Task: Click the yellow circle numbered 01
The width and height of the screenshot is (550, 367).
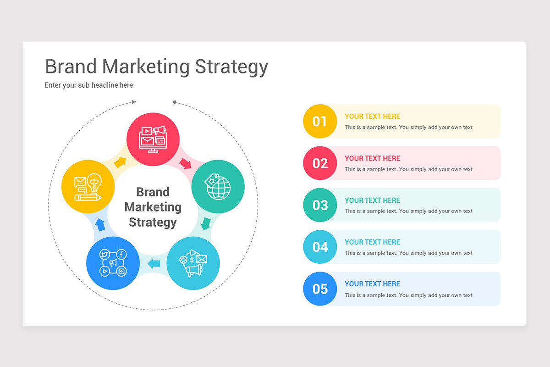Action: tap(320, 121)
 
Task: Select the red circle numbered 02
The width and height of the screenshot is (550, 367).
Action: tap(320, 163)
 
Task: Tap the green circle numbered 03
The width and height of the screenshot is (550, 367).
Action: tap(320, 205)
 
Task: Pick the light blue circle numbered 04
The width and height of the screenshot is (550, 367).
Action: tap(320, 247)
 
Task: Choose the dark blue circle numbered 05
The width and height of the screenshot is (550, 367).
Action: tap(320, 289)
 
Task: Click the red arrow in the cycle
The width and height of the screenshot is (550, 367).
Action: tap(185, 163)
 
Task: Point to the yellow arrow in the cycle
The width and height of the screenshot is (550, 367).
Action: tap(120, 162)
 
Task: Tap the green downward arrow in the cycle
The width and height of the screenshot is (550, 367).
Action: tap(206, 224)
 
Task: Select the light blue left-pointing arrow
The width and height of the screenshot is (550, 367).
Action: tap(154, 263)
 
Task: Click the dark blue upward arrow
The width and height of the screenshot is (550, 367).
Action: tap(100, 224)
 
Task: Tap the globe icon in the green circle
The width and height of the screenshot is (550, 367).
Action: tap(219, 188)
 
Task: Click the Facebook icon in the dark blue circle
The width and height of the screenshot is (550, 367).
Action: tap(121, 255)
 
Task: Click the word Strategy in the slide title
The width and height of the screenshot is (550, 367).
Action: tap(231, 67)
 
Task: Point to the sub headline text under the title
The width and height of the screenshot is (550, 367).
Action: tap(88, 85)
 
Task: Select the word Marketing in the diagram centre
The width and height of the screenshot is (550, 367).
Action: tap(153, 207)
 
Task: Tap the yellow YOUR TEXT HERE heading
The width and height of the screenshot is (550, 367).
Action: tap(372, 117)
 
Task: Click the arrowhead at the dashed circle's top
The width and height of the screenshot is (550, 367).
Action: tap(133, 102)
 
